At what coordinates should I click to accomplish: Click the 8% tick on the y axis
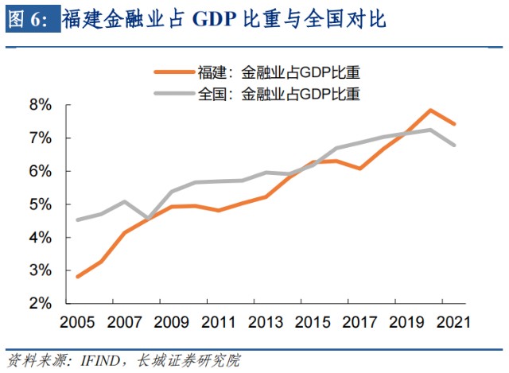[x=40, y=105]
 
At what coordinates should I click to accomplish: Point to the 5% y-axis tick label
[x=40, y=204]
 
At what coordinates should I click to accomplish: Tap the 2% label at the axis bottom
[x=40, y=304]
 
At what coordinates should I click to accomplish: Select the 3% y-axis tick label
[x=40, y=270]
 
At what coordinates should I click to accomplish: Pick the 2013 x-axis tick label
[x=264, y=322]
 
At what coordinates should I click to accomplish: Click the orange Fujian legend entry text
[x=279, y=74]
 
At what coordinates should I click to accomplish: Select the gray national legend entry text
[x=279, y=94]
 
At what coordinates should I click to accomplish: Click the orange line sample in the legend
[x=173, y=74]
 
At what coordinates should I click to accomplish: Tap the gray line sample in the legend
[x=173, y=94]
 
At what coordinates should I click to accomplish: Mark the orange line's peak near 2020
[x=430, y=111]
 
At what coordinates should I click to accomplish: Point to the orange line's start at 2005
[x=77, y=277]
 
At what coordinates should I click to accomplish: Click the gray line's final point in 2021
[x=454, y=146]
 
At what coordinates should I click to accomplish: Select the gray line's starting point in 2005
[x=77, y=220]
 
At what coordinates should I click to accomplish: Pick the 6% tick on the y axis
[x=40, y=171]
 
